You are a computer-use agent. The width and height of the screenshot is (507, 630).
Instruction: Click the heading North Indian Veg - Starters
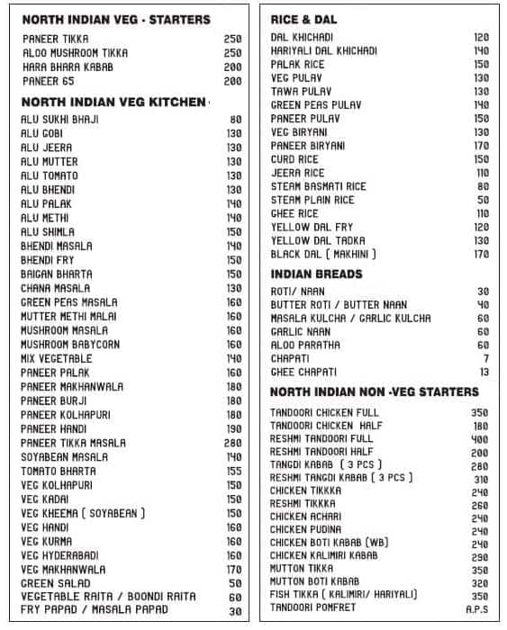point(115,19)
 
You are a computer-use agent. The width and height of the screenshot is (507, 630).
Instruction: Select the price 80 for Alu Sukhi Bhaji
point(236,119)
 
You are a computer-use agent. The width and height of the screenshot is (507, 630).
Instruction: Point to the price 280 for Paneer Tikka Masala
point(233,443)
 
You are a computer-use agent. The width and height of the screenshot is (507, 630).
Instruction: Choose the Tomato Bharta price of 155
point(233,471)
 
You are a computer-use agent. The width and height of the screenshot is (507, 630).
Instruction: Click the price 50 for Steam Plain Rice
point(483,200)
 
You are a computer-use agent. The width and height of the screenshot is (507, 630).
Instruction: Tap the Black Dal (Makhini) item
point(323,254)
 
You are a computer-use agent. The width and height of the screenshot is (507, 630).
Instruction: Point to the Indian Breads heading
point(316,274)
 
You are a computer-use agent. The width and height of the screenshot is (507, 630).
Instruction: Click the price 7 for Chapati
point(485,358)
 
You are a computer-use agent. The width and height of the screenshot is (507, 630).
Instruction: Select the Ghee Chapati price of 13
point(484,372)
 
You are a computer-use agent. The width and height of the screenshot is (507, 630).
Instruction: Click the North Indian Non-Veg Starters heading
point(374,392)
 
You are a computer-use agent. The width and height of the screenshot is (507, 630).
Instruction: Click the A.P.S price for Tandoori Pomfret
point(477,608)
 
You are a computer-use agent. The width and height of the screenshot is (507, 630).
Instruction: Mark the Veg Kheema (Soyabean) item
point(83,513)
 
